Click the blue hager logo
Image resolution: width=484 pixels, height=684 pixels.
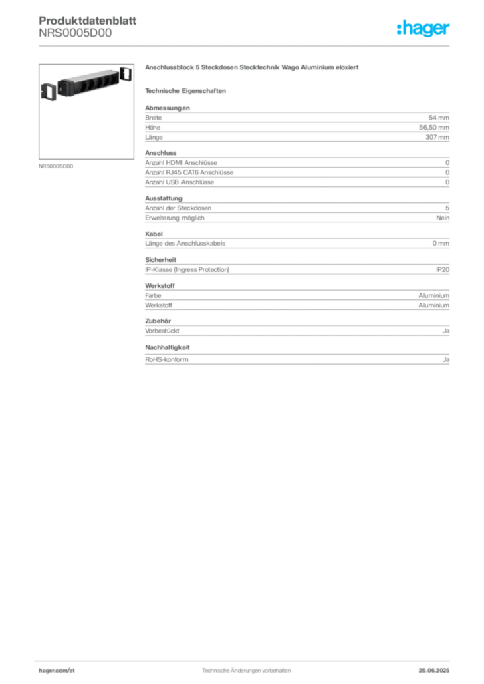pos(424,29)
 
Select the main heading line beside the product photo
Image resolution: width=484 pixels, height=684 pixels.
pos(254,69)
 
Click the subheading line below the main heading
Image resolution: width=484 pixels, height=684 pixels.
pos(187,90)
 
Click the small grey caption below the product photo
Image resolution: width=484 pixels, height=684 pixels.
pos(56,166)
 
